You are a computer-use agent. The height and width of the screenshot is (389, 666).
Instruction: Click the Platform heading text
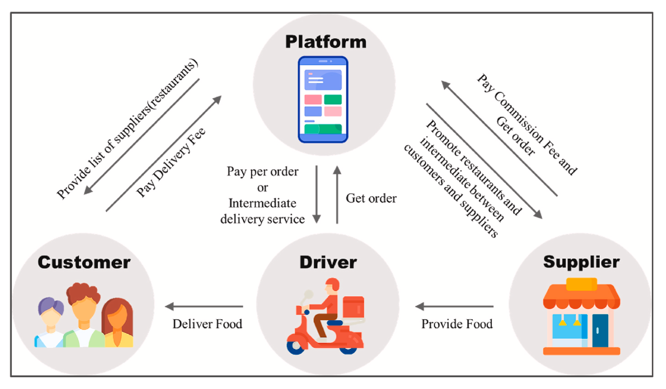coord(326,42)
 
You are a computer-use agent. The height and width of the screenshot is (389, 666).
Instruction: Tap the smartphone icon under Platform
coord(323,99)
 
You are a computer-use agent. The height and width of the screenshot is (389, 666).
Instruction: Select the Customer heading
coord(84,262)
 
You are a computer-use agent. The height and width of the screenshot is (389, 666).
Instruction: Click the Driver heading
coord(328,262)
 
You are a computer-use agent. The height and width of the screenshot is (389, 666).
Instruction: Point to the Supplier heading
coord(581,262)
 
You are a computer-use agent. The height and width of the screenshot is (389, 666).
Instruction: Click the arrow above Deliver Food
coord(204,306)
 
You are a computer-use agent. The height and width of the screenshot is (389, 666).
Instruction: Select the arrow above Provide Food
coord(454,306)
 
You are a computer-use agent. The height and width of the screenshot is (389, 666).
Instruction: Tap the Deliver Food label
coord(207,324)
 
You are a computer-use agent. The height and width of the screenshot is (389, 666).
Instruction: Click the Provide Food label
coord(457,324)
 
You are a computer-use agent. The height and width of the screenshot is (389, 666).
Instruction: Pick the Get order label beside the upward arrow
coord(371,198)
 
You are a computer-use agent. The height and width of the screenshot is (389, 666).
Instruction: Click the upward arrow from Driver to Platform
coord(337,195)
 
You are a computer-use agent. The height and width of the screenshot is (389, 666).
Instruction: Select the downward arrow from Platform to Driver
coord(317,195)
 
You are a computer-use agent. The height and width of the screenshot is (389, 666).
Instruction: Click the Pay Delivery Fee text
coord(171,162)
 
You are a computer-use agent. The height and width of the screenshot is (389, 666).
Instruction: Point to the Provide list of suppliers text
coord(127,129)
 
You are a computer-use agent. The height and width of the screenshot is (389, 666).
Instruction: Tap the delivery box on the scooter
coord(353,307)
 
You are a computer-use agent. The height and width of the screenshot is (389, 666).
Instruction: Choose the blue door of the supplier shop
coord(600,330)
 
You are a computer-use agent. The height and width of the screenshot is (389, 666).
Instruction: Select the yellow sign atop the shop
coord(582,283)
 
